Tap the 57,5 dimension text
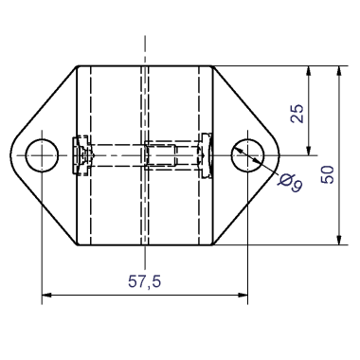coord(145,281)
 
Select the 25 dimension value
coord(297,113)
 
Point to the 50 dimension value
coord(327,174)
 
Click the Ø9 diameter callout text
coord(291,183)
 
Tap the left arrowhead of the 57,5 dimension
coord(46,295)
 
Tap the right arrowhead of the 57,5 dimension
coord(243,295)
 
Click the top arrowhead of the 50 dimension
coord(339,71)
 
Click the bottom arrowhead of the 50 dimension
coord(339,240)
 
